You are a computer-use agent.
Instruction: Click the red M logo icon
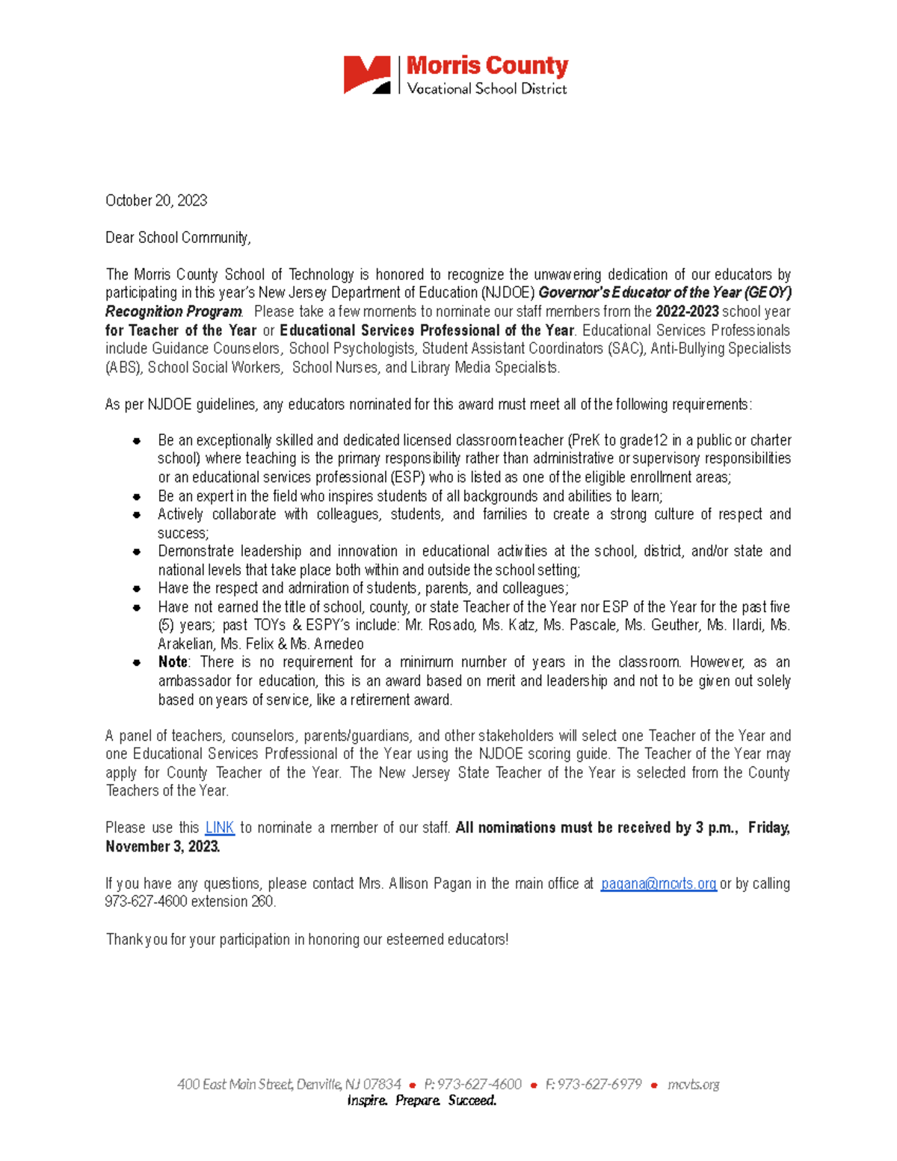366,75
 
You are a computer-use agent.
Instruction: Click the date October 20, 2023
156,200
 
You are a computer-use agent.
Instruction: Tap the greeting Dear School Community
178,238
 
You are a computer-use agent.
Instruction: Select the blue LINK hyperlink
220,828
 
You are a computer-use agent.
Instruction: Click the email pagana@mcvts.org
659,884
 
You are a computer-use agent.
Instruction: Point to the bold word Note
173,662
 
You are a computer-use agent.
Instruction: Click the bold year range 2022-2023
687,312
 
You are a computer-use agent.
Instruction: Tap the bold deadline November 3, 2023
162,846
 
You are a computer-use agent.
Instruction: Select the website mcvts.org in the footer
693,1084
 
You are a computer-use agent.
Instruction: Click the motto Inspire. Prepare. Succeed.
422,1100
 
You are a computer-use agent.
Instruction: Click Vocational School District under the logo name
487,89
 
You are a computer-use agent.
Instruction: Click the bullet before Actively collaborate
137,515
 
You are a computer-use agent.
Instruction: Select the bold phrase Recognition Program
173,312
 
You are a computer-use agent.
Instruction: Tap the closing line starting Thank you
306,939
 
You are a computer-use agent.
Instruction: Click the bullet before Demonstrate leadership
137,552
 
